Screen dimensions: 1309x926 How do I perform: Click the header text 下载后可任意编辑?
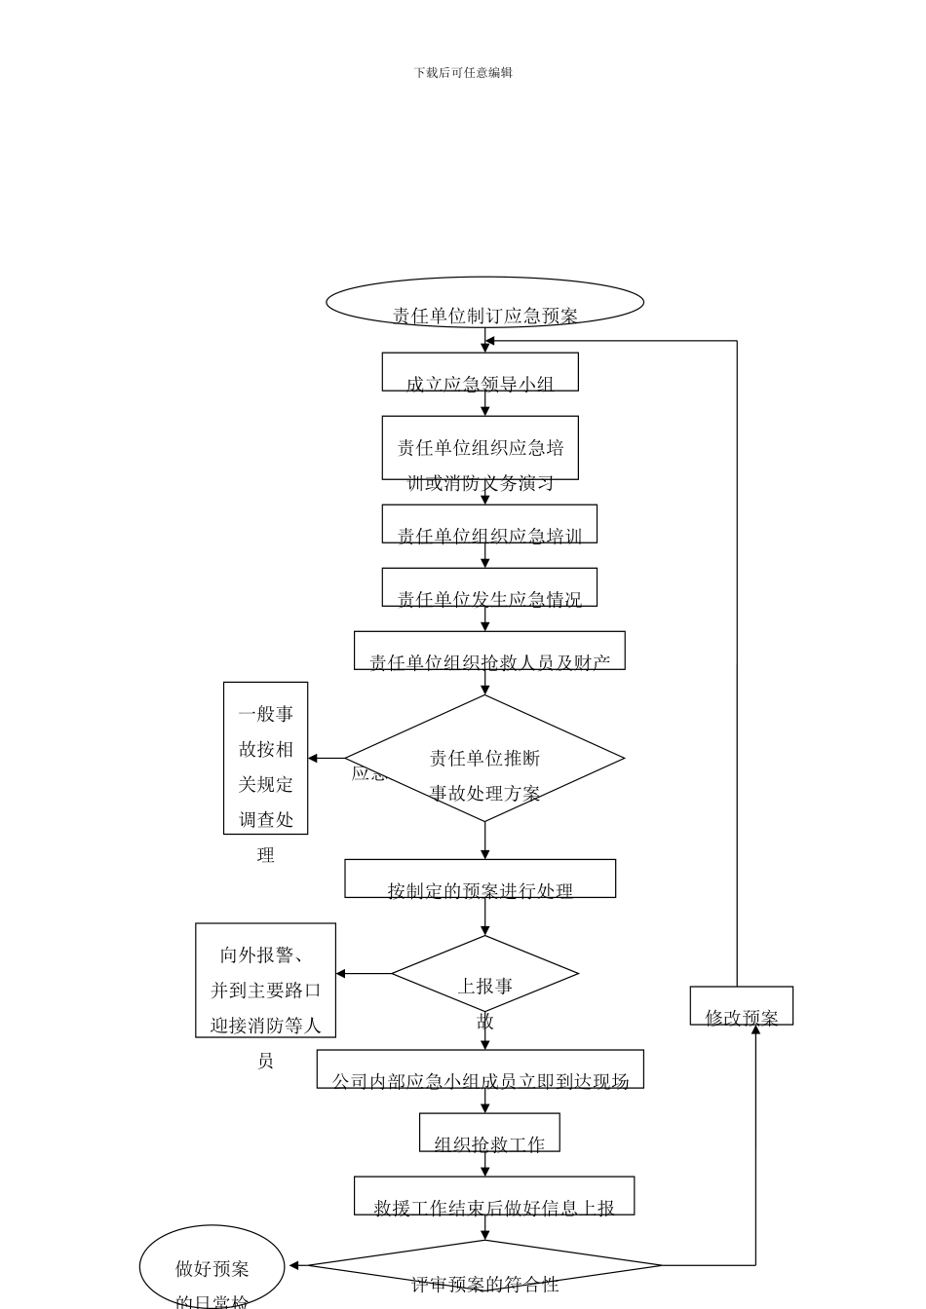pyautogui.click(x=463, y=72)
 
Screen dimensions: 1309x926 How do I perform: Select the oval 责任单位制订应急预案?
pyautogui.click(x=484, y=302)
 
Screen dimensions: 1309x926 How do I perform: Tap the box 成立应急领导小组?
pyautogui.click(x=480, y=372)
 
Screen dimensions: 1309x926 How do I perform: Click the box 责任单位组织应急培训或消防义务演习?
pyautogui.click(x=480, y=448)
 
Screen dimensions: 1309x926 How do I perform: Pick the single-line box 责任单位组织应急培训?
pyautogui.click(x=489, y=524)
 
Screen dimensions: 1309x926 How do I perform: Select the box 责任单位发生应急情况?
pyautogui.click(x=489, y=587)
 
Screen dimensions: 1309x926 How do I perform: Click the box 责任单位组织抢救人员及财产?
pyautogui.click(x=489, y=651)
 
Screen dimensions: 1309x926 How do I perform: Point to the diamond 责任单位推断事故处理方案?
pyautogui.click(x=484, y=759)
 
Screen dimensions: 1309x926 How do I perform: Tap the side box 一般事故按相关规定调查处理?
pyautogui.click(x=265, y=759)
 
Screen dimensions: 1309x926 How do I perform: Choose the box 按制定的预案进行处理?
pyautogui.click(x=480, y=879)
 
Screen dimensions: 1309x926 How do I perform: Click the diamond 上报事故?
pyautogui.click(x=484, y=974)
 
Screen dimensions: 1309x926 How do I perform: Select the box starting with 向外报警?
pyautogui.click(x=265, y=980)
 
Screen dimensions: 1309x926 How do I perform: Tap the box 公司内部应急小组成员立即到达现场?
pyautogui.click(x=480, y=1068)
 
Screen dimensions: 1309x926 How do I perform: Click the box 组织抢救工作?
pyautogui.click(x=489, y=1133)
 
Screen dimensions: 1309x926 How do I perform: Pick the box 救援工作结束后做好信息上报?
pyautogui.click(x=493, y=1196)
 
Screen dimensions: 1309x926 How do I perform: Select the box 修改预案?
pyautogui.click(x=741, y=1006)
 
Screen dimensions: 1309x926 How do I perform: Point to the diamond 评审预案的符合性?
pyautogui.click(x=484, y=1266)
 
